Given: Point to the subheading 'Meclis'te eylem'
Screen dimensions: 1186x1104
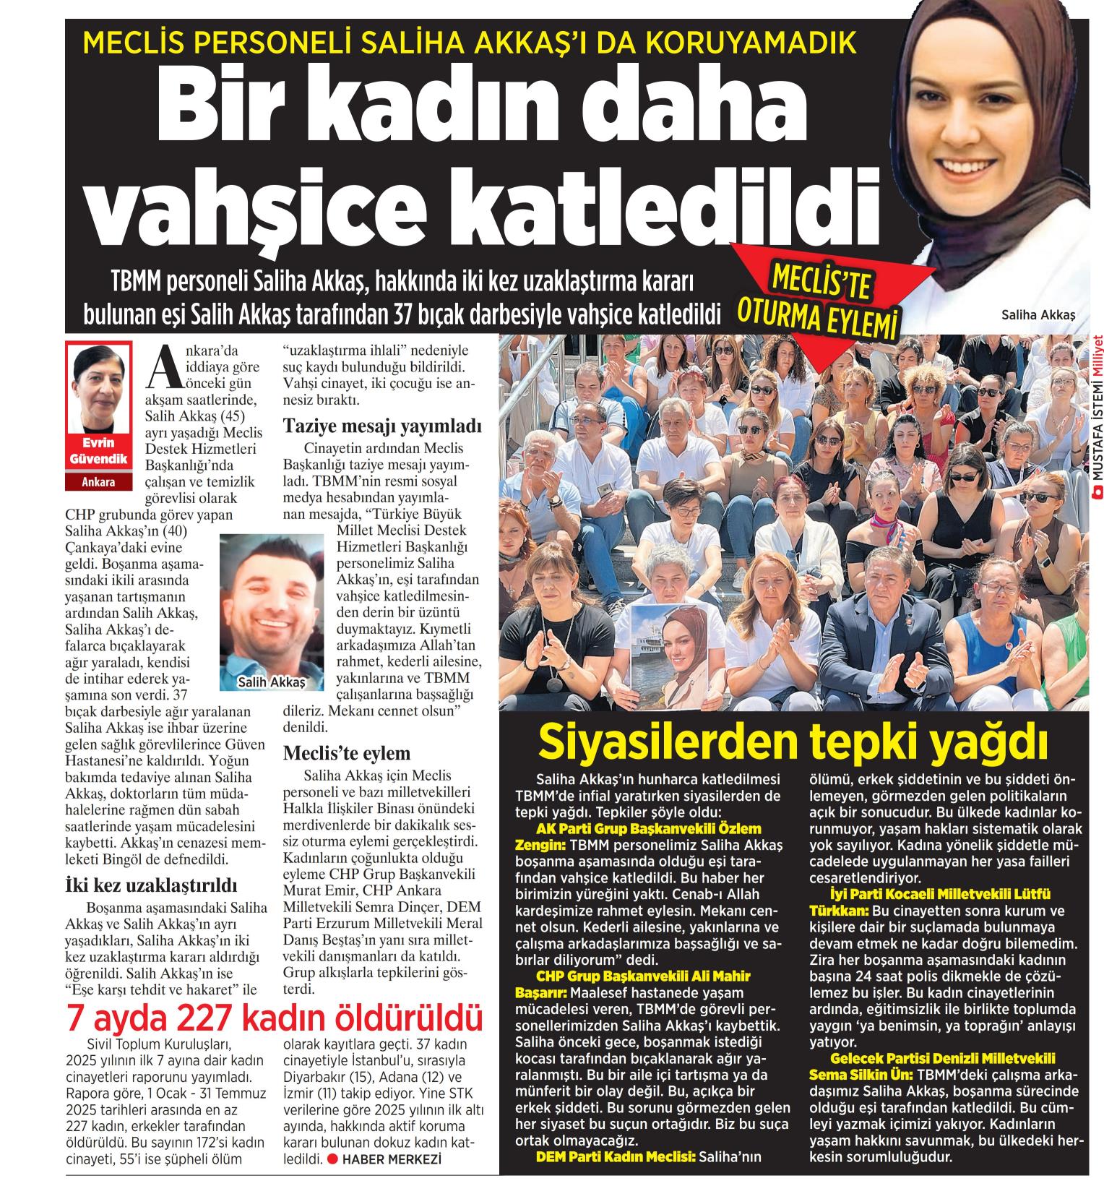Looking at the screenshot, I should [347, 753].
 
